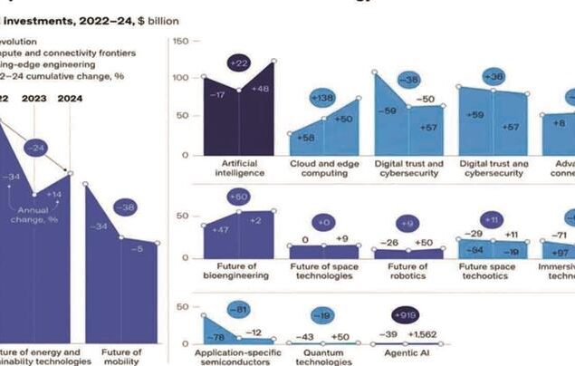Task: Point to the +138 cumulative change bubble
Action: point(325,96)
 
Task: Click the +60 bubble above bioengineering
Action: point(239,197)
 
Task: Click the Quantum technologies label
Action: point(324,356)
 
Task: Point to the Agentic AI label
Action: point(408,350)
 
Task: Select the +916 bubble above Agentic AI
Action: point(409,314)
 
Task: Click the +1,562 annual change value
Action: point(429,334)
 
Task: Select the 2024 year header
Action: point(71,100)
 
